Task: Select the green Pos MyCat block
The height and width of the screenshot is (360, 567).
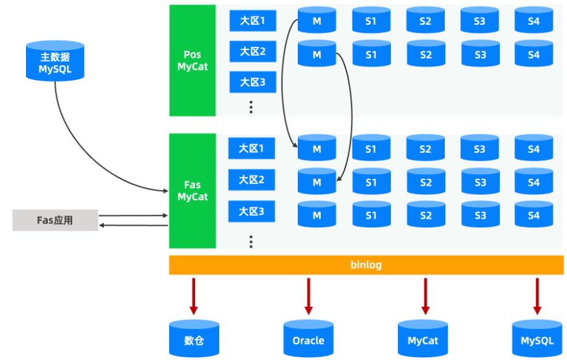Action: click(192, 60)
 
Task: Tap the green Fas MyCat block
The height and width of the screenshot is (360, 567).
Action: click(192, 191)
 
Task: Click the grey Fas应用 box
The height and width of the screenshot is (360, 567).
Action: click(55, 220)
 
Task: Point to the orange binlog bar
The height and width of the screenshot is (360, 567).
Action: click(366, 265)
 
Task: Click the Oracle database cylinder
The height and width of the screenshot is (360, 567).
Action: click(308, 339)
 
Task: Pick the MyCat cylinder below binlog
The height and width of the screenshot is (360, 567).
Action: click(423, 339)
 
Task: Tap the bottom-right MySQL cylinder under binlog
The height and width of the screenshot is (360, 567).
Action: click(537, 339)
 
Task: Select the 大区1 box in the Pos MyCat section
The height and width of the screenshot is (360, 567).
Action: click(252, 21)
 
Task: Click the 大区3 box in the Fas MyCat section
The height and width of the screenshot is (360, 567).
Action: click(251, 211)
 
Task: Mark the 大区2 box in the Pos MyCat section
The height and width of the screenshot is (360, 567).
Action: click(252, 51)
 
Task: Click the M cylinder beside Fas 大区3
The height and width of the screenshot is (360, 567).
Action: click(317, 214)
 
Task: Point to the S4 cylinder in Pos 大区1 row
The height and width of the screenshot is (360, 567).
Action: click(533, 21)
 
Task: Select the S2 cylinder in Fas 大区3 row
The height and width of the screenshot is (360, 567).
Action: click(425, 214)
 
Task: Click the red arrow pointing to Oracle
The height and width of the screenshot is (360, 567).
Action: click(308, 296)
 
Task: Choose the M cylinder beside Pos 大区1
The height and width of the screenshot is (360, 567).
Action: click(317, 21)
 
